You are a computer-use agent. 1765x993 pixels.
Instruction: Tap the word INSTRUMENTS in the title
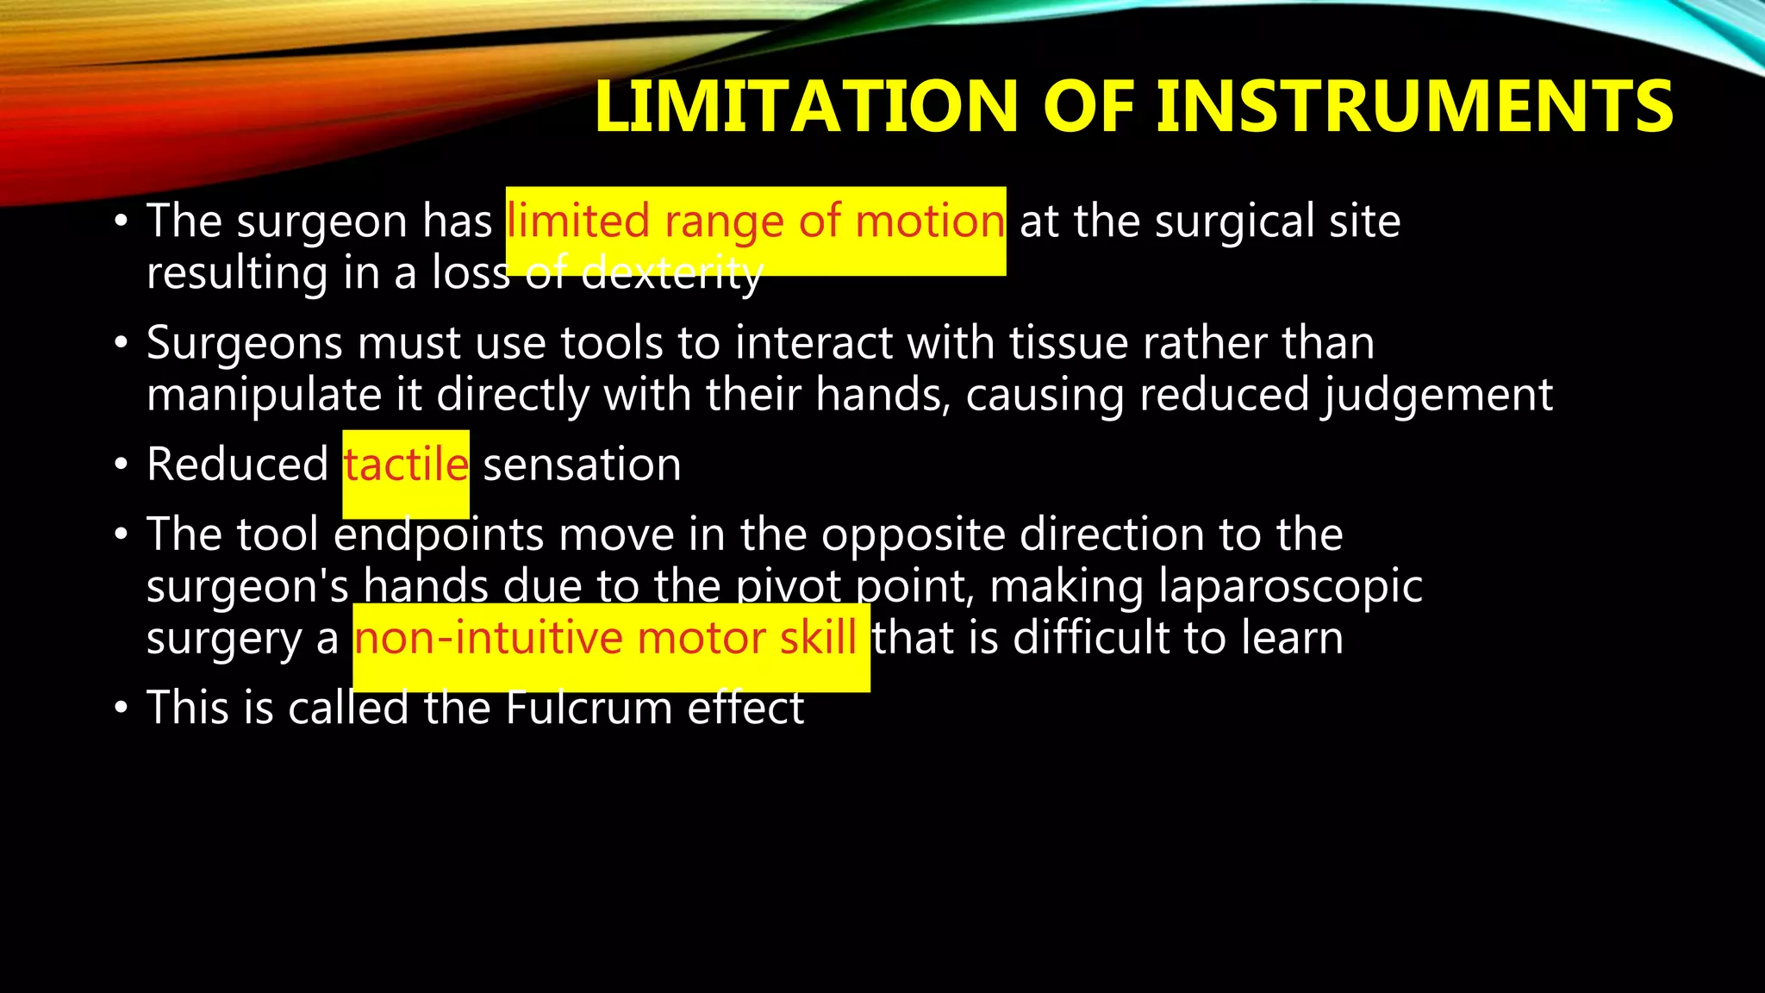1414,107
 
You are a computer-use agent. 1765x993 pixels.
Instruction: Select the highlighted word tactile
406,465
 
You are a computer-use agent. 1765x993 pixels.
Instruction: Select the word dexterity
672,274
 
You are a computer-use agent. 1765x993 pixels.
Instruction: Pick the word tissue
1068,344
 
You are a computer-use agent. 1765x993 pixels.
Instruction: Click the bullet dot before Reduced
122,466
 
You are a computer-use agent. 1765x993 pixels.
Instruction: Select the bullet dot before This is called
122,709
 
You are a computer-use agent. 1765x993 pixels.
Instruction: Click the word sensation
582,465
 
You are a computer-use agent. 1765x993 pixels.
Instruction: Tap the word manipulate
264,396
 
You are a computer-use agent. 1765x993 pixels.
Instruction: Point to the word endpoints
439,535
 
